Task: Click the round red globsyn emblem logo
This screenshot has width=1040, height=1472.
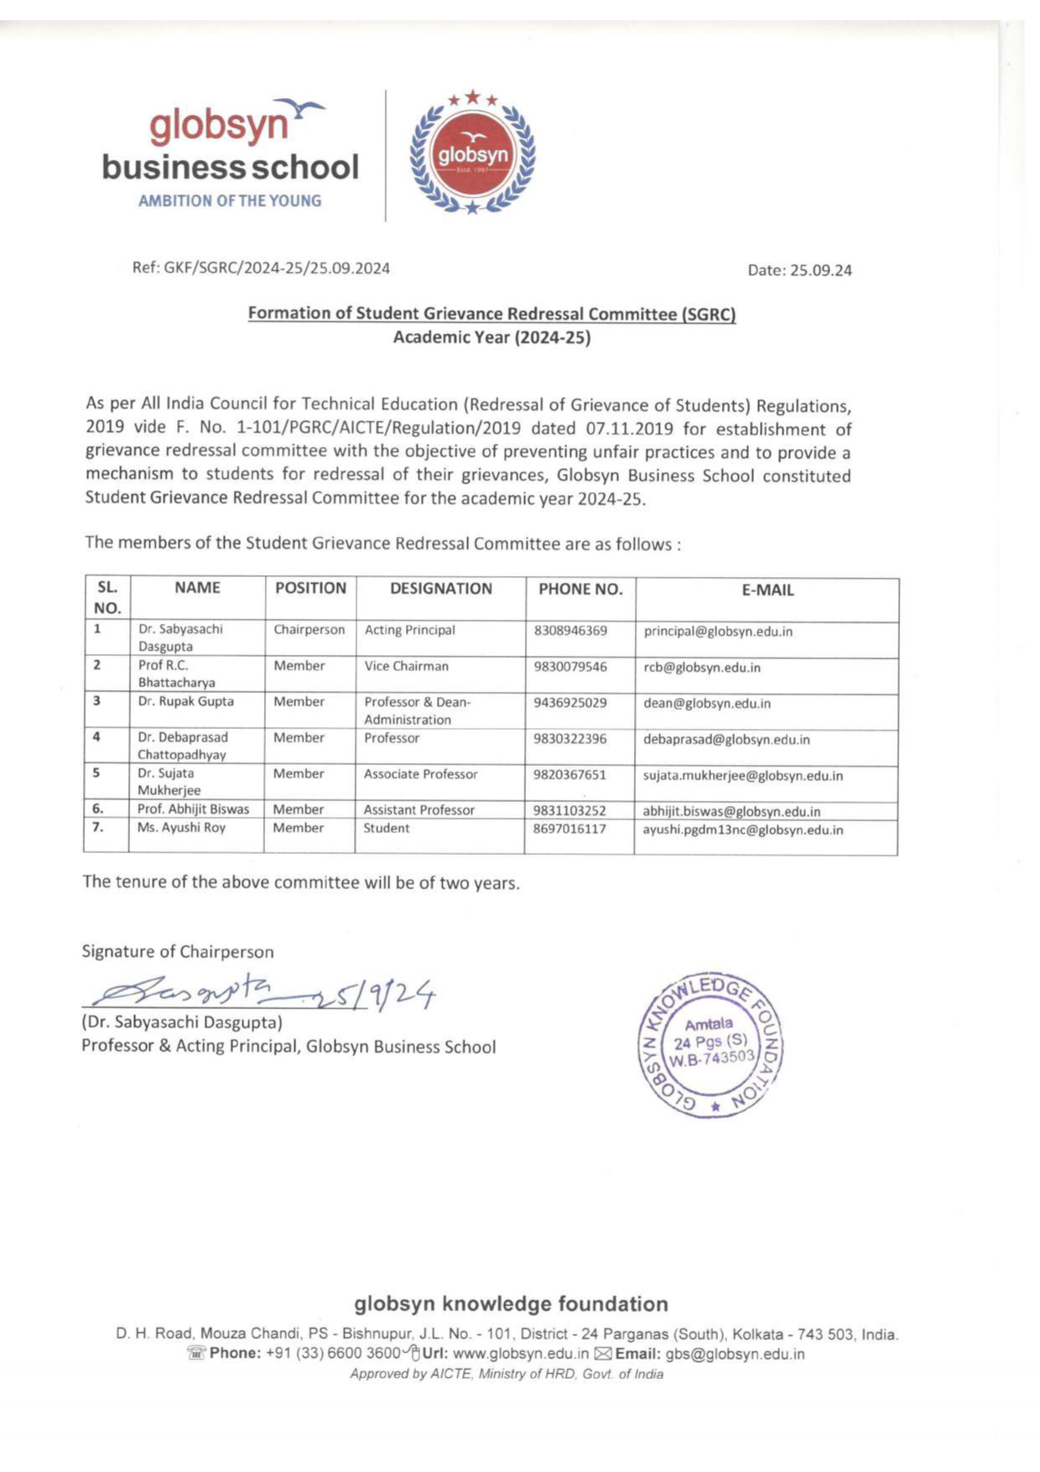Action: (x=472, y=155)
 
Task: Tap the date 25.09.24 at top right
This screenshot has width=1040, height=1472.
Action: (x=799, y=270)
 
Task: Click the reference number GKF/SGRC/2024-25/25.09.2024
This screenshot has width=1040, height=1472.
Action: (x=261, y=268)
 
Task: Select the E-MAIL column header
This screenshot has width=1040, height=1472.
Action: (x=767, y=590)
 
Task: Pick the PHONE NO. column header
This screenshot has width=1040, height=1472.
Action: (x=580, y=589)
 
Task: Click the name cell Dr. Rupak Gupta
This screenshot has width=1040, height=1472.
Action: (x=186, y=701)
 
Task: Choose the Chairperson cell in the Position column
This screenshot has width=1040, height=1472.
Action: (x=309, y=630)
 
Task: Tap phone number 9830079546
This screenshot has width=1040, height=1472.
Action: (x=570, y=667)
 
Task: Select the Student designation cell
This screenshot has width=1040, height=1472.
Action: (x=387, y=828)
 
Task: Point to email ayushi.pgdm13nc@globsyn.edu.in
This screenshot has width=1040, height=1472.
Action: (x=742, y=830)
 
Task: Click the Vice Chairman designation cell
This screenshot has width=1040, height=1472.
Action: (x=406, y=666)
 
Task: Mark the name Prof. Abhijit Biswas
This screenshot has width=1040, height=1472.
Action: (x=194, y=809)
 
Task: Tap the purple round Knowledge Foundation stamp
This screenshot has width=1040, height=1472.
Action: (x=712, y=1046)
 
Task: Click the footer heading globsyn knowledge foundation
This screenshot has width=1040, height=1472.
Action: (x=511, y=1303)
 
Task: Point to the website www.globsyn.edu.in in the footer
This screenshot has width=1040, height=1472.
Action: (x=520, y=1354)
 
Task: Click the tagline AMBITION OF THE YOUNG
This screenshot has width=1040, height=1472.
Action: (x=229, y=201)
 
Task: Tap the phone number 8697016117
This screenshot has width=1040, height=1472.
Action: (x=569, y=829)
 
